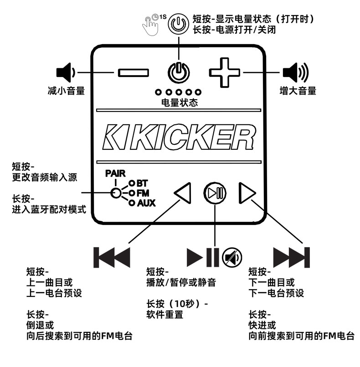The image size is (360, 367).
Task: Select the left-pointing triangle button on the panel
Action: coord(183,194)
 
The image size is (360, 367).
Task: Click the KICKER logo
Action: coord(179,137)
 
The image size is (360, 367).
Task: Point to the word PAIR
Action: coord(115,173)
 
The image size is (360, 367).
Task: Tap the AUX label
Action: coord(146,203)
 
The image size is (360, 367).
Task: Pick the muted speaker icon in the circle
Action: coord(232,258)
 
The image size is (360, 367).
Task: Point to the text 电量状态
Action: coord(180,102)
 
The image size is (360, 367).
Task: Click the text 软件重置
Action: coord(165,315)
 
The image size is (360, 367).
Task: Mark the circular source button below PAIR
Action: coord(117,193)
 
